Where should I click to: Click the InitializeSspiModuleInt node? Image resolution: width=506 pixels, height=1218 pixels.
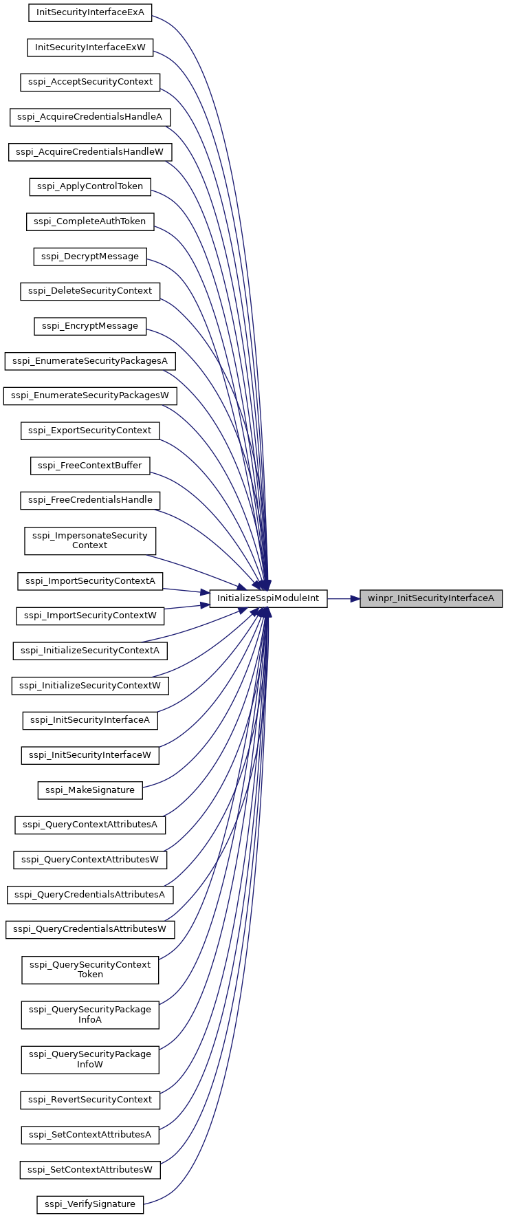click(268, 598)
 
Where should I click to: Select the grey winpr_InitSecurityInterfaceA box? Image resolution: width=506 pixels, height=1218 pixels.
click(431, 598)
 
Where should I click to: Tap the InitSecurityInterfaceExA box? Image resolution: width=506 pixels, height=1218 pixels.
click(90, 12)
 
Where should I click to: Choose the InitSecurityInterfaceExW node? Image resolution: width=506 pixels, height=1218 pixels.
click(90, 47)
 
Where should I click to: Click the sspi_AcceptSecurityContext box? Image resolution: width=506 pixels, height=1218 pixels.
click(90, 82)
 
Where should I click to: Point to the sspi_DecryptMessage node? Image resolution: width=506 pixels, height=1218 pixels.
click(90, 257)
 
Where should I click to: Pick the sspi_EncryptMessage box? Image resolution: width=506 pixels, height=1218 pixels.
click(90, 326)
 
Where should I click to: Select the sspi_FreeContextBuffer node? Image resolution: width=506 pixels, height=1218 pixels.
click(90, 466)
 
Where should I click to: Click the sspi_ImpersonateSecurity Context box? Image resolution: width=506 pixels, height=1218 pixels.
click(90, 541)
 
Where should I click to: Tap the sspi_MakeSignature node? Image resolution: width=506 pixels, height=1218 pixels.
click(90, 790)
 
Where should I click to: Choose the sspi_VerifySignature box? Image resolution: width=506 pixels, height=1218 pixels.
click(90, 1205)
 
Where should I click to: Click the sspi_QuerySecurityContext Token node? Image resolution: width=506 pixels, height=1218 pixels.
click(90, 970)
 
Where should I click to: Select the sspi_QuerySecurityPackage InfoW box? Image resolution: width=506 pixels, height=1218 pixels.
click(90, 1060)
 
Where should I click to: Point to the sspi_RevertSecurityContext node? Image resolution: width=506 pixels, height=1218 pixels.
click(90, 1100)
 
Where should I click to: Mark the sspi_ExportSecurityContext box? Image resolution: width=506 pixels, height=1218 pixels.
click(90, 431)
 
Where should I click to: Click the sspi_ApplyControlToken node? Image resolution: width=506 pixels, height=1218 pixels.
click(90, 186)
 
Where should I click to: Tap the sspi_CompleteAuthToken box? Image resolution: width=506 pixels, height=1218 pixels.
click(90, 221)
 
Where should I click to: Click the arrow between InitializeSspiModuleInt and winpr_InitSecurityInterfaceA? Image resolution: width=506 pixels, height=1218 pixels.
click(343, 598)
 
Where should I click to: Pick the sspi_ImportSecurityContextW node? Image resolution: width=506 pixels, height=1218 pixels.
click(90, 616)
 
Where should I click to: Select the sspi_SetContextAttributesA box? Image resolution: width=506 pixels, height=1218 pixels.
click(90, 1135)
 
